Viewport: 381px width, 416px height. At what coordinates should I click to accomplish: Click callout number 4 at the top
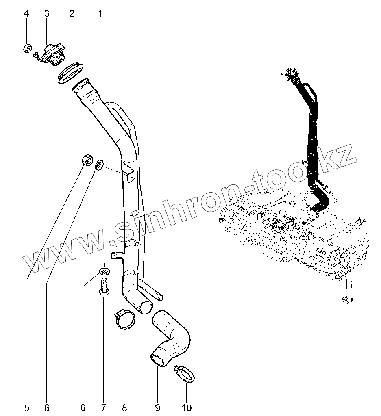(x=26, y=13)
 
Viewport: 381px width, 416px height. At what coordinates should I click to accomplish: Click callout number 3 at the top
(x=46, y=13)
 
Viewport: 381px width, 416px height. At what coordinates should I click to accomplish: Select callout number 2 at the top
(x=72, y=13)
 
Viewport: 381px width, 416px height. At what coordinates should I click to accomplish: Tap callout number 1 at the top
(x=100, y=13)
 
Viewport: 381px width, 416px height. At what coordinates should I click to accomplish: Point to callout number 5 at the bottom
(x=26, y=407)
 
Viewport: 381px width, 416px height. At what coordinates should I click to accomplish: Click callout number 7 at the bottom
(x=103, y=407)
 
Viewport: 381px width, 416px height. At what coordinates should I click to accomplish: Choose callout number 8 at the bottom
(x=124, y=407)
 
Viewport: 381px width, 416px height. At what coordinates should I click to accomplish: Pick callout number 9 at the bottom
(x=157, y=407)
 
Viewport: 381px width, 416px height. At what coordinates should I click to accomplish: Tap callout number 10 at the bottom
(x=187, y=407)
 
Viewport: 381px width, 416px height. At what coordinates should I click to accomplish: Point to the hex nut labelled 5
(x=87, y=160)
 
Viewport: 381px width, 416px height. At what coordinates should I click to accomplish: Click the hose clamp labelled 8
(x=124, y=318)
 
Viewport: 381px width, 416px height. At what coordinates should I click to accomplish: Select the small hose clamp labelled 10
(x=184, y=373)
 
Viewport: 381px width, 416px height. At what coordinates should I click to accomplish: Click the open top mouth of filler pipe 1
(x=85, y=86)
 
